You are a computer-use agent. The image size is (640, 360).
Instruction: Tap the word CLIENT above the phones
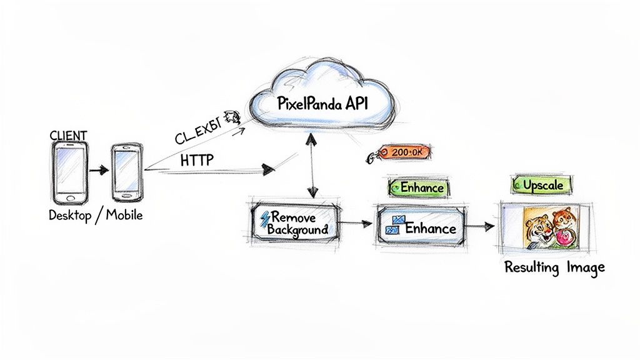[68, 135]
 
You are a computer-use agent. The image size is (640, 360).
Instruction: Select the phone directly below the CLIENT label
[69, 172]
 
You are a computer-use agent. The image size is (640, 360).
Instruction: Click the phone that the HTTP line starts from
[127, 172]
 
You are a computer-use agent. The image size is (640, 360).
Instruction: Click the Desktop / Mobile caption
[96, 215]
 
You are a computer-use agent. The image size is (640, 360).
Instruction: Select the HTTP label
[196, 160]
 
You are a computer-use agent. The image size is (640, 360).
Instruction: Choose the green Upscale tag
[542, 184]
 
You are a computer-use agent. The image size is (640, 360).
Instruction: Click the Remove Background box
[294, 224]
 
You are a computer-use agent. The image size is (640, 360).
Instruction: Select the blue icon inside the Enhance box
[394, 226]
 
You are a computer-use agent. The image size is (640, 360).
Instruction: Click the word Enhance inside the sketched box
[430, 228]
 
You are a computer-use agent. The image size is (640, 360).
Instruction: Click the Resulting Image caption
[554, 268]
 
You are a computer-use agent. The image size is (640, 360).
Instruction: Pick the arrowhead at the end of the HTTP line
[269, 168]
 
